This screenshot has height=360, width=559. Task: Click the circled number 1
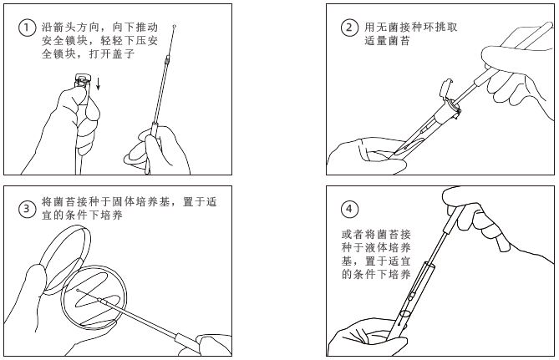pyautogui.click(x=27, y=28)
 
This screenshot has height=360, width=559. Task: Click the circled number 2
pyautogui.click(x=349, y=28)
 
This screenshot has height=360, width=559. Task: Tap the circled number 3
pyautogui.click(x=27, y=209)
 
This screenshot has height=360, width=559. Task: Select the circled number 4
pyautogui.click(x=349, y=209)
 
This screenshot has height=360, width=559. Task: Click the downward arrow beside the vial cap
pyautogui.click(x=99, y=83)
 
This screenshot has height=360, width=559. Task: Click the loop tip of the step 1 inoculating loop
pyautogui.click(x=174, y=27)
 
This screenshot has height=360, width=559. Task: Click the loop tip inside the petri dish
pyautogui.click(x=78, y=291)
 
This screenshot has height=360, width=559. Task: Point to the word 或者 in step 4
pyautogui.click(x=353, y=235)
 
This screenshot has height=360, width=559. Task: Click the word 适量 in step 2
pyautogui.click(x=376, y=41)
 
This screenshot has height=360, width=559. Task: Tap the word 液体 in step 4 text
pyautogui.click(x=376, y=248)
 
